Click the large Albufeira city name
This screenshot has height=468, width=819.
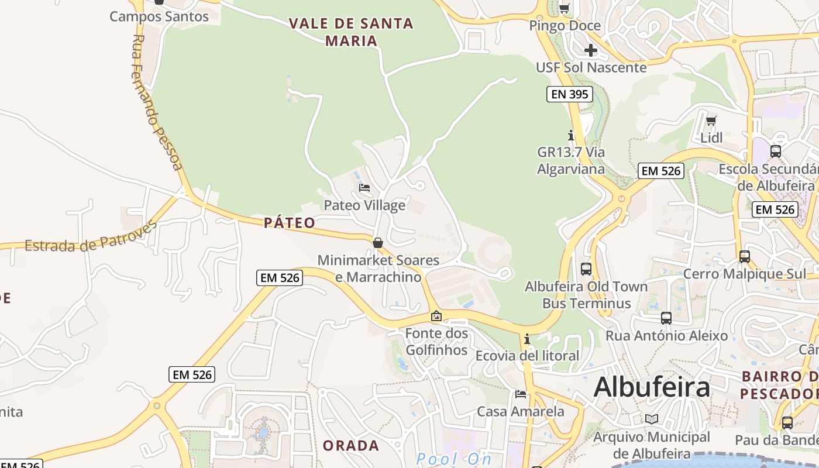click(x=652, y=387)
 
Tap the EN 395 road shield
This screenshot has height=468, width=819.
click(x=570, y=94)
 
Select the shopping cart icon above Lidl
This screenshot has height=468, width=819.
click(x=711, y=121)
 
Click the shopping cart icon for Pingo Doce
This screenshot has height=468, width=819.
click(x=565, y=8)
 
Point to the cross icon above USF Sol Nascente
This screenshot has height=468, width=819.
click(x=591, y=50)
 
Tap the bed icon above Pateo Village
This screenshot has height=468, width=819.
click(x=364, y=188)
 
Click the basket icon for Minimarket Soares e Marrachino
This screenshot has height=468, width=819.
click(x=378, y=242)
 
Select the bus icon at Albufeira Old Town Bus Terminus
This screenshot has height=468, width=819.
click(x=586, y=269)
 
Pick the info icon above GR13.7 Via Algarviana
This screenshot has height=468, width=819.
click(x=571, y=135)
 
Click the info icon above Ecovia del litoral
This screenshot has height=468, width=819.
click(x=527, y=339)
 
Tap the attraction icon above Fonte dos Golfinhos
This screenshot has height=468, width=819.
click(x=436, y=316)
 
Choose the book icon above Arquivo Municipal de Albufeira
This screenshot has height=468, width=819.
click(x=652, y=419)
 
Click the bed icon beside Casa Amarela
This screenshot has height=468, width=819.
click(x=521, y=394)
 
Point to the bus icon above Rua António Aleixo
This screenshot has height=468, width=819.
click(x=666, y=318)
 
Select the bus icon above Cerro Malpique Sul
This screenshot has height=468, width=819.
click(x=745, y=256)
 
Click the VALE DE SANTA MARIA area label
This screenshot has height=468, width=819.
click(x=351, y=32)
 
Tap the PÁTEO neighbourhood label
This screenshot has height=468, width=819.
click(x=290, y=223)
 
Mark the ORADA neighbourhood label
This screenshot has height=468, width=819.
click(x=351, y=445)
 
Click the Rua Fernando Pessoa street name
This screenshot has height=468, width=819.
click(x=156, y=102)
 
